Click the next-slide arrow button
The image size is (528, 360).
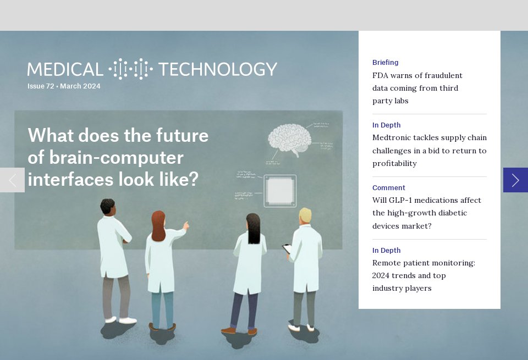coord(515,180)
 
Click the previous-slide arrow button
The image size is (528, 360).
coord(12,180)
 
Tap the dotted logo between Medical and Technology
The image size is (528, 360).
coord(130,69)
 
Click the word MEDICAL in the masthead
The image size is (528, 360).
coord(65,69)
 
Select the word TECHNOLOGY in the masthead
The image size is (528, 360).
coord(217,69)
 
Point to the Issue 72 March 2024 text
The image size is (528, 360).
coord(64,86)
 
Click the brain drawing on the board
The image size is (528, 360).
coord(289,138)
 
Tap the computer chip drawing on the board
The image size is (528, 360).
coord(280,191)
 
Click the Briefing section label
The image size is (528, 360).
coord(385,63)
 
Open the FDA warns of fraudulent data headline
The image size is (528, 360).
coord(417,88)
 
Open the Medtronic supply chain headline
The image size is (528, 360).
coord(429,151)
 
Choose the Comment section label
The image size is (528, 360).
coord(388,188)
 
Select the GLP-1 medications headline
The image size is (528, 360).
coord(426,213)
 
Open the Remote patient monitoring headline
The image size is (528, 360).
coord(424,275)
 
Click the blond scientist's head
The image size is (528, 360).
coord(305,215)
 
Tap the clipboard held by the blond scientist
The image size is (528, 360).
coord(287,249)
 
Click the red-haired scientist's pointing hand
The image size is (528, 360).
coord(186,225)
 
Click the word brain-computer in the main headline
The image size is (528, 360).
coord(106,158)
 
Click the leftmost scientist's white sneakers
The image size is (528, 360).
coord(122,319)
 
